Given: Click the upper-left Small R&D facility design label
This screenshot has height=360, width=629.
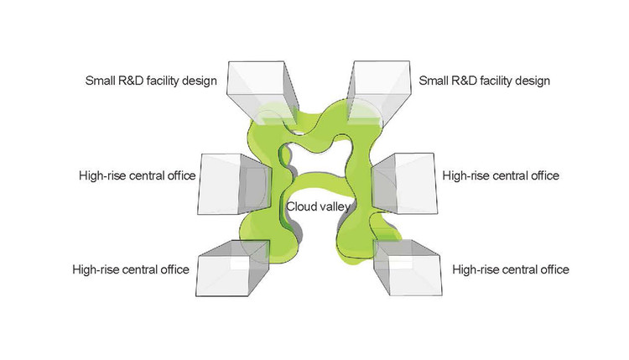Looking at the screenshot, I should (151, 81).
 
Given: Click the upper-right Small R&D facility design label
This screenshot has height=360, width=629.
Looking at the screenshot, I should (483, 81).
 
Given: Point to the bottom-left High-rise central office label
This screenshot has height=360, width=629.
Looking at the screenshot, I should (130, 269).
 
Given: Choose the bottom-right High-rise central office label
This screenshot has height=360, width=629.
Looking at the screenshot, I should (510, 269).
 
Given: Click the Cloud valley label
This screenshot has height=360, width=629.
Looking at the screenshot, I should (319, 206).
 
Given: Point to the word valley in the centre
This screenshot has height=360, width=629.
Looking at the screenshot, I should (335, 206).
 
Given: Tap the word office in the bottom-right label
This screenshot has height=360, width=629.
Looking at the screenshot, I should (553, 269).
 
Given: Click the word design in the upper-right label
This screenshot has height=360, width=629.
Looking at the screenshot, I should (531, 81).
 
